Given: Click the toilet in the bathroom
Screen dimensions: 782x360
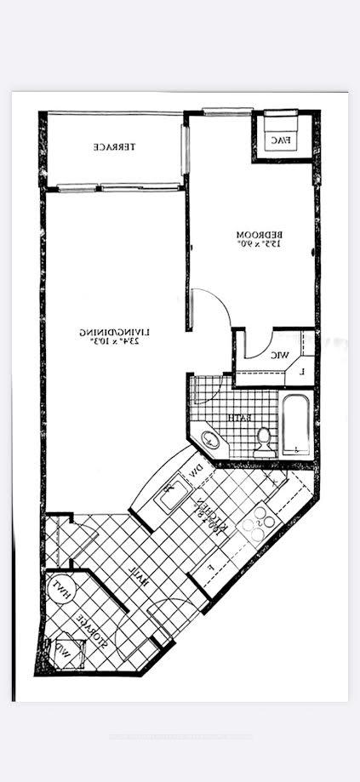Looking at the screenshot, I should [265, 438].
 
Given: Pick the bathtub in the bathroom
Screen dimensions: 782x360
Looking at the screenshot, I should [296, 424].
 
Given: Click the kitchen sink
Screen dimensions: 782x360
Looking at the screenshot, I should [170, 494].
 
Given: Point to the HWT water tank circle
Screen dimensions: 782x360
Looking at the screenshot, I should [62, 587].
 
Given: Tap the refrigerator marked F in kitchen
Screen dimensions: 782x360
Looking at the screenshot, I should [209, 568].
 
